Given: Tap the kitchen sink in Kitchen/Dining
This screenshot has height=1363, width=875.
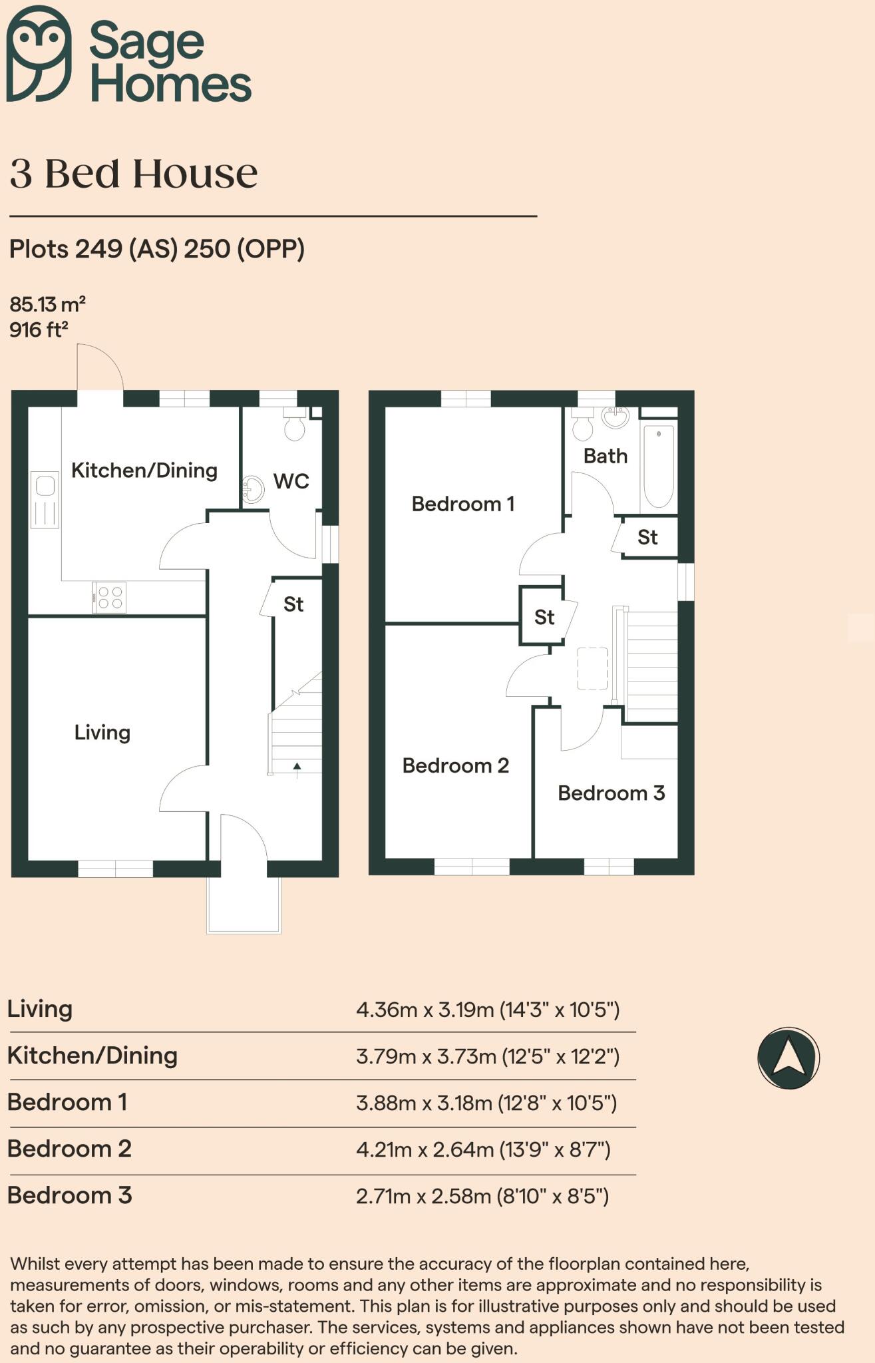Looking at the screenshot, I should click(x=45, y=499).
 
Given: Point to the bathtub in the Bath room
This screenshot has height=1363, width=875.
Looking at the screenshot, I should click(x=659, y=466).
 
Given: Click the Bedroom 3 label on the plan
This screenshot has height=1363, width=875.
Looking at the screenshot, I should click(x=611, y=793).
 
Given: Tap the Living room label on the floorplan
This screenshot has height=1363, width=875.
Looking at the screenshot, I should click(x=102, y=733).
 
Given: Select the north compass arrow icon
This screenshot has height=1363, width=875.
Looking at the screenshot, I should click(x=788, y=1058).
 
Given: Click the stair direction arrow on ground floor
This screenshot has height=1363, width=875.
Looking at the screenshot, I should click(x=297, y=768).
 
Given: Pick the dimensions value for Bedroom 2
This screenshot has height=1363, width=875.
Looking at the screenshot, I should click(x=482, y=1149).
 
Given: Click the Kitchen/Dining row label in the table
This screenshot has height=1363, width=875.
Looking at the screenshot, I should click(x=92, y=1056).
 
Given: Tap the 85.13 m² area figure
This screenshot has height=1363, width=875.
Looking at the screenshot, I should click(x=47, y=305).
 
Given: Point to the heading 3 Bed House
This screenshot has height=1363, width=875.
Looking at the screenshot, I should click(x=133, y=174).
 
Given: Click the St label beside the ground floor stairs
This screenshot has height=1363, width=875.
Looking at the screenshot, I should click(x=293, y=604).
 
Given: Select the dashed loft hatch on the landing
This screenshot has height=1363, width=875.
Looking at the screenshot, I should click(x=592, y=668).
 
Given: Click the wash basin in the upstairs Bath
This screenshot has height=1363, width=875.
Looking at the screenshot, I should click(x=615, y=417).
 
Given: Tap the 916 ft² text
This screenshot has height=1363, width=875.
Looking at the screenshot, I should click(x=39, y=330).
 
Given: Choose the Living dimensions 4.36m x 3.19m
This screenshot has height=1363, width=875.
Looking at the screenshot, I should click(x=487, y=1010).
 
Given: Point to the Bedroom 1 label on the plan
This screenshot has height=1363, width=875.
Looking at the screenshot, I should click(x=462, y=504).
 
